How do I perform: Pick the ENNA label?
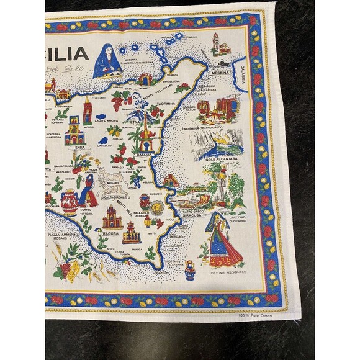(x=79, y=148)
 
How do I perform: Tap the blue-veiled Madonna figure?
(x=106, y=61)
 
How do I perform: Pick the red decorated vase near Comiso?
(x=69, y=202)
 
